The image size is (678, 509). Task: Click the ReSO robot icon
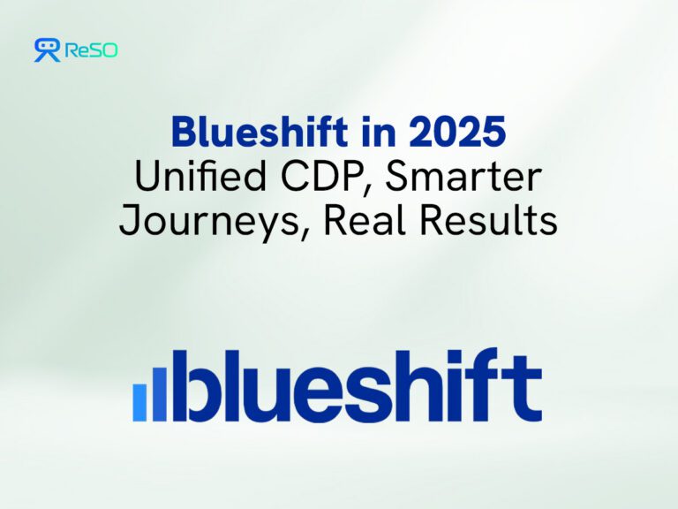(47, 49)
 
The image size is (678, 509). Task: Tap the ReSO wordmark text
(90, 51)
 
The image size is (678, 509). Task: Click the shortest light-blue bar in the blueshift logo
(139, 402)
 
